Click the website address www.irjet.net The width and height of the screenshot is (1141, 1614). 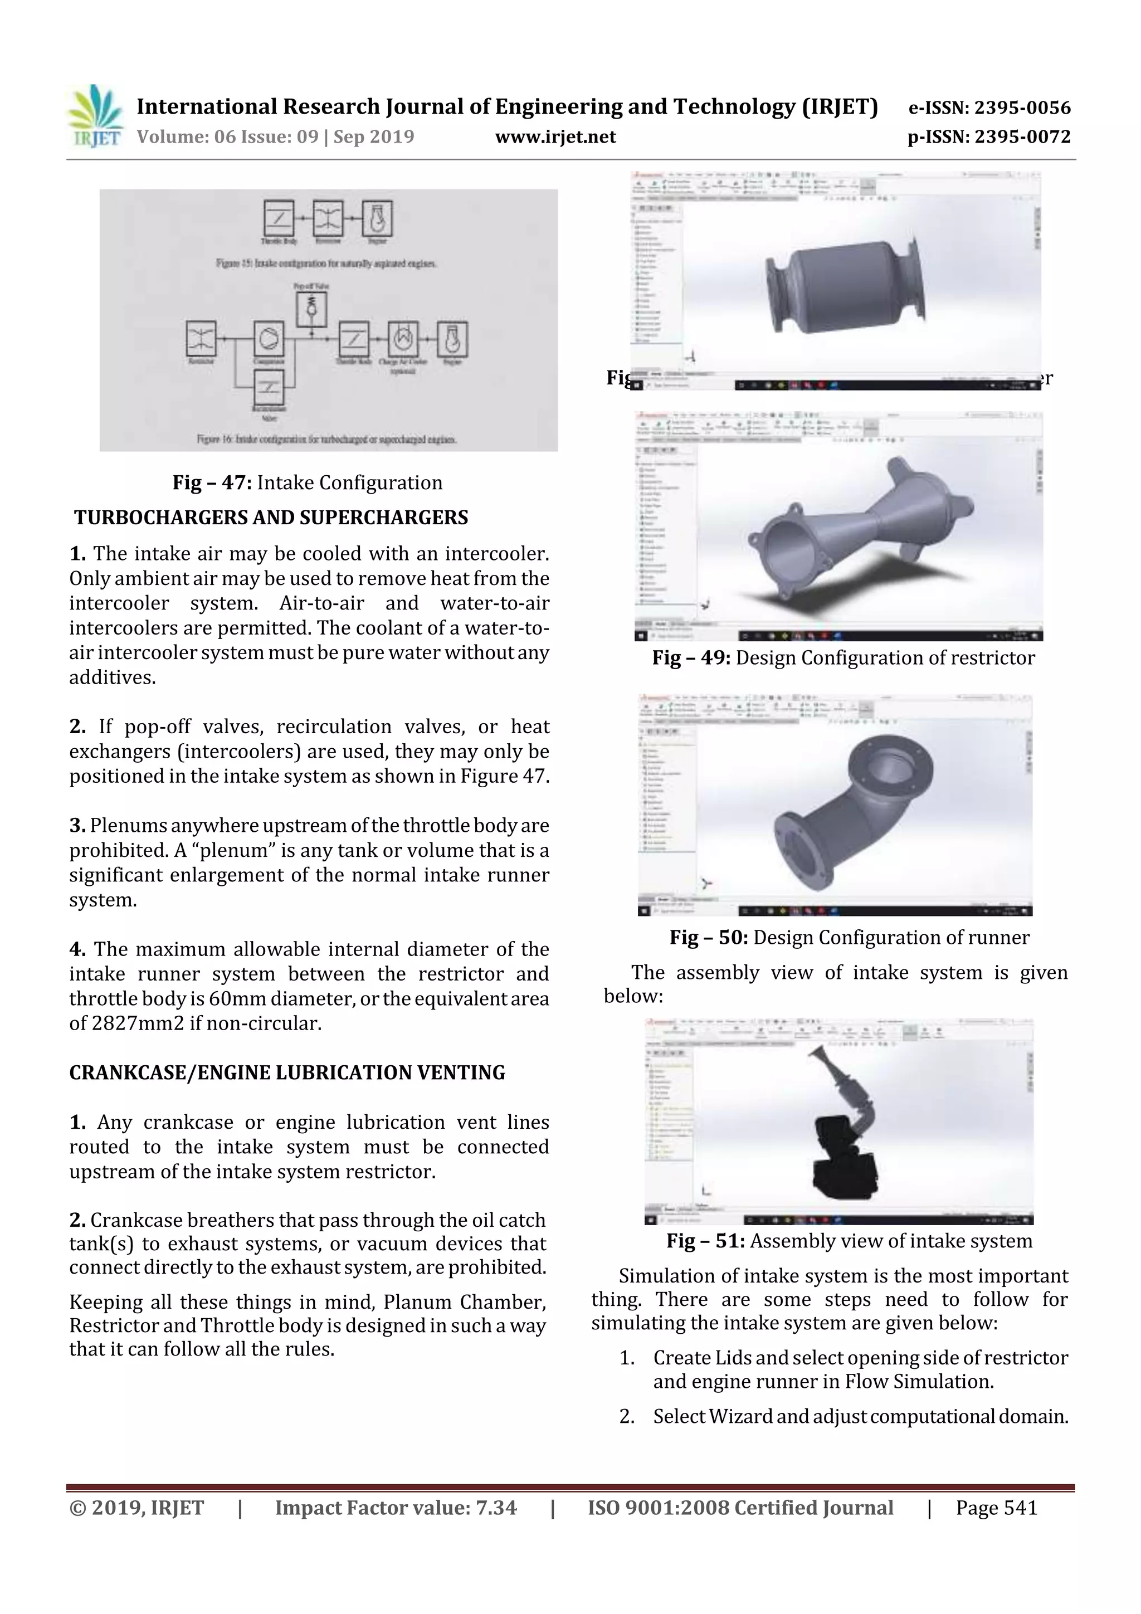pyautogui.click(x=555, y=137)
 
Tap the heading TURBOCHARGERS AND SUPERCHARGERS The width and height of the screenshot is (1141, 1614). pyautogui.click(x=271, y=518)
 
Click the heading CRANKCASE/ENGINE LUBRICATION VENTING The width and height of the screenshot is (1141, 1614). pyautogui.click(x=287, y=1072)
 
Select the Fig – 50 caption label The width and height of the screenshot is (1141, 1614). pyautogui.click(x=708, y=938)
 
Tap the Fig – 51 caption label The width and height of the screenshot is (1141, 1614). pyautogui.click(x=705, y=1241)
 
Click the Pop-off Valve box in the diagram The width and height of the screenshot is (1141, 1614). pyautogui.click(x=311, y=307)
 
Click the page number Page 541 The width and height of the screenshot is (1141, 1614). pyautogui.click(x=996, y=1508)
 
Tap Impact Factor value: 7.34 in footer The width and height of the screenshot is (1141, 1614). pyautogui.click(x=395, y=1508)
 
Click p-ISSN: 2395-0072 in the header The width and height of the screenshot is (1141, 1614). pyautogui.click(x=989, y=137)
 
